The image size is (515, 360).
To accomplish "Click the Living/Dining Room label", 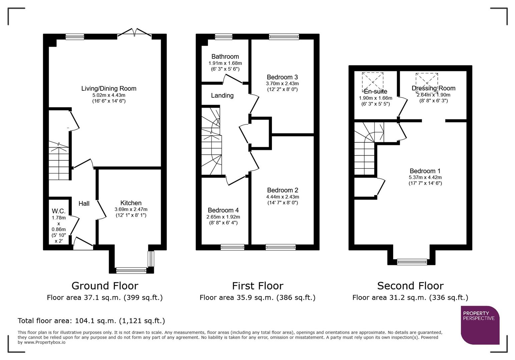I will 109,89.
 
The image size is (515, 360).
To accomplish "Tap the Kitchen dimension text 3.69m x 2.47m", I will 131,209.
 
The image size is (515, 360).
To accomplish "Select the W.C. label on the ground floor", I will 58,211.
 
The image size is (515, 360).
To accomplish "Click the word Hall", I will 84,204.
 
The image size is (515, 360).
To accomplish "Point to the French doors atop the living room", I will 134,33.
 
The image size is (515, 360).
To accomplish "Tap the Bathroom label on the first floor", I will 225,57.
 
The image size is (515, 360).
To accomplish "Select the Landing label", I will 222,96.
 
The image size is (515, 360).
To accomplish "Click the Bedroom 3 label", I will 282,77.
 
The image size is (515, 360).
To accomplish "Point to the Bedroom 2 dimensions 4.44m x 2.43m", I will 283,197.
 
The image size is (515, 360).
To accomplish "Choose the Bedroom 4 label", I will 223,210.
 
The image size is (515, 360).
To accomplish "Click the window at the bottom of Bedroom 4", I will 232,247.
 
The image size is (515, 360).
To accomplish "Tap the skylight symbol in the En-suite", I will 373,81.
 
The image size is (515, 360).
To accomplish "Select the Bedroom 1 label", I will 425,171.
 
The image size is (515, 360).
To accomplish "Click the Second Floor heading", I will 410,286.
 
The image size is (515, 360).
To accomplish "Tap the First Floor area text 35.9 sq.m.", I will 257,298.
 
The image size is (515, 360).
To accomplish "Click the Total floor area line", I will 91,321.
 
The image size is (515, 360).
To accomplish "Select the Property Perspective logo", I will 480,325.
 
